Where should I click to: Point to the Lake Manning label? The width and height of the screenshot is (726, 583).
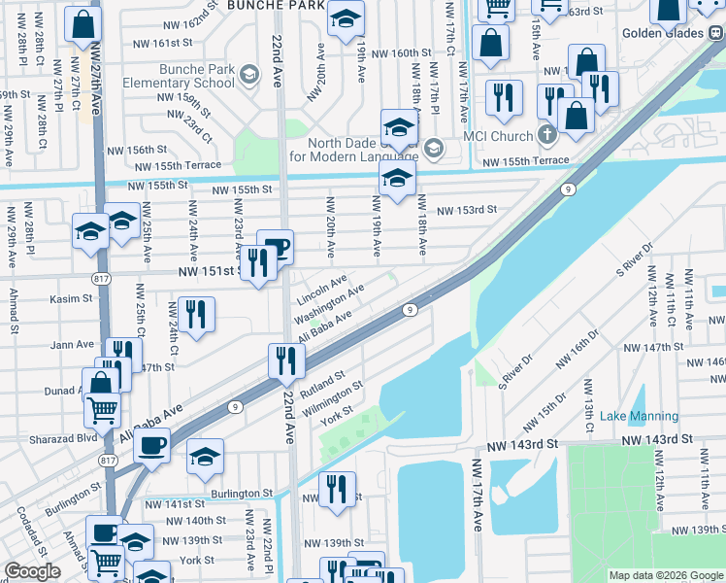tap(639, 417)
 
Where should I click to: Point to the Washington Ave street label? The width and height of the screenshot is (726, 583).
tap(329, 304)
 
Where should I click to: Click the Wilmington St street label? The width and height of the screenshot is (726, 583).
tap(332, 398)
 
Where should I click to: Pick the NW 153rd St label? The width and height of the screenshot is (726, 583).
tap(466, 210)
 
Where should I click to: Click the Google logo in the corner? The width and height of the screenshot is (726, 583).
tap(33, 571)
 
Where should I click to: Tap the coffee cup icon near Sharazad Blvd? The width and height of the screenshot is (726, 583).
tap(150, 446)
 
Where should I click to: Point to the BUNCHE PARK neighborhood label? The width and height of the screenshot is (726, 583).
tap(275, 5)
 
